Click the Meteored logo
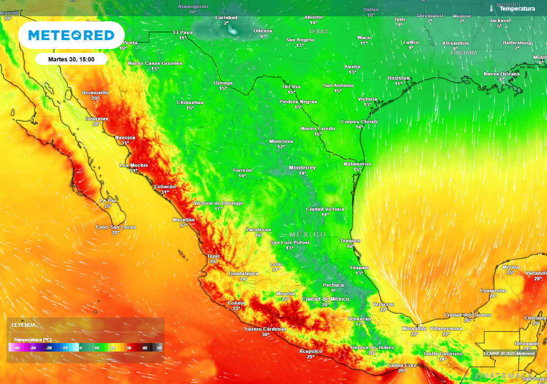coord(71,35)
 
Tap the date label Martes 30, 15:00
coord(71,59)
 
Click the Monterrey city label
coord(302,167)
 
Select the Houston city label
coord(398,78)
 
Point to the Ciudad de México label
coord(325,299)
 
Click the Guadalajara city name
coord(244,273)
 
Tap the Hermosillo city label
coord(95,92)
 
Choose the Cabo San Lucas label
coord(115,227)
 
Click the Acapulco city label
coord(310,351)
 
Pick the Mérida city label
coord(511,267)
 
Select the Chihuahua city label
coord(190,102)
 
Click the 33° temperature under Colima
coord(236,308)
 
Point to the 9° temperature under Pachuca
coord(333,291)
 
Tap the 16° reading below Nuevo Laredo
coord(318,134)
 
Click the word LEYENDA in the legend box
coord(24,325)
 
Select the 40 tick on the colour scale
coord(144,348)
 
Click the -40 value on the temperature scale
coord(17,348)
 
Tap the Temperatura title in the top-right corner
coord(517,9)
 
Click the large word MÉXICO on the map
coord(308,235)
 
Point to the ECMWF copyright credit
coord(510,353)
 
